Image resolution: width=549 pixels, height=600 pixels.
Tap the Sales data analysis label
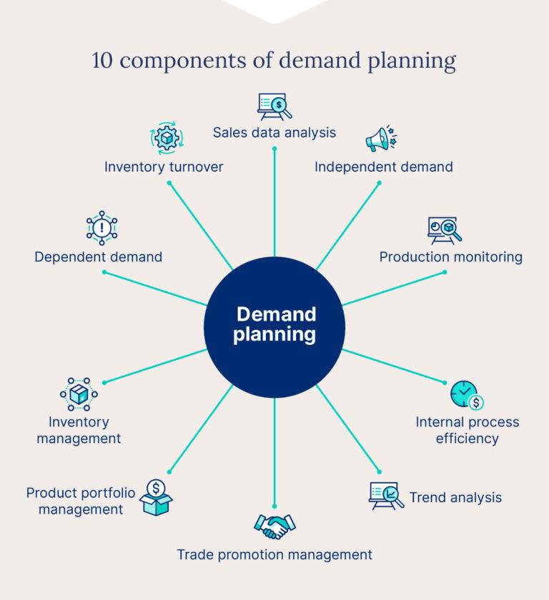click(274, 133)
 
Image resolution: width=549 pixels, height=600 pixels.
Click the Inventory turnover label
click(164, 167)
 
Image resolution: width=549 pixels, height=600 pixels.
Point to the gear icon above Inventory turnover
click(167, 137)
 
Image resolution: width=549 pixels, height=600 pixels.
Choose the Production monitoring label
click(450, 257)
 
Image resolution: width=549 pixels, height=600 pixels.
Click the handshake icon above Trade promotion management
click(274, 527)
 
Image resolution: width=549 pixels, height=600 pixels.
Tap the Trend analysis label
click(455, 498)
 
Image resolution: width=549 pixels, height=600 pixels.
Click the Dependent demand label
click(99, 257)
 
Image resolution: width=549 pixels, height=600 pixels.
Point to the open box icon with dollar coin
click(156, 497)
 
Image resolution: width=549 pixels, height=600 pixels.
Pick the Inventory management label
click(79, 430)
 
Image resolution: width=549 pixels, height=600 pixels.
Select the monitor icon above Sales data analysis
click(274, 106)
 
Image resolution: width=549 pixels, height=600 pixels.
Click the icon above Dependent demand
click(102, 228)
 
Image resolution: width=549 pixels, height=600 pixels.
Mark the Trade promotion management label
click(274, 554)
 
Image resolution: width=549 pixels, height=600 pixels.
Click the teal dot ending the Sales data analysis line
click(274, 149)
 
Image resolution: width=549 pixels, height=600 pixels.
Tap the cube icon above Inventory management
click(79, 394)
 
